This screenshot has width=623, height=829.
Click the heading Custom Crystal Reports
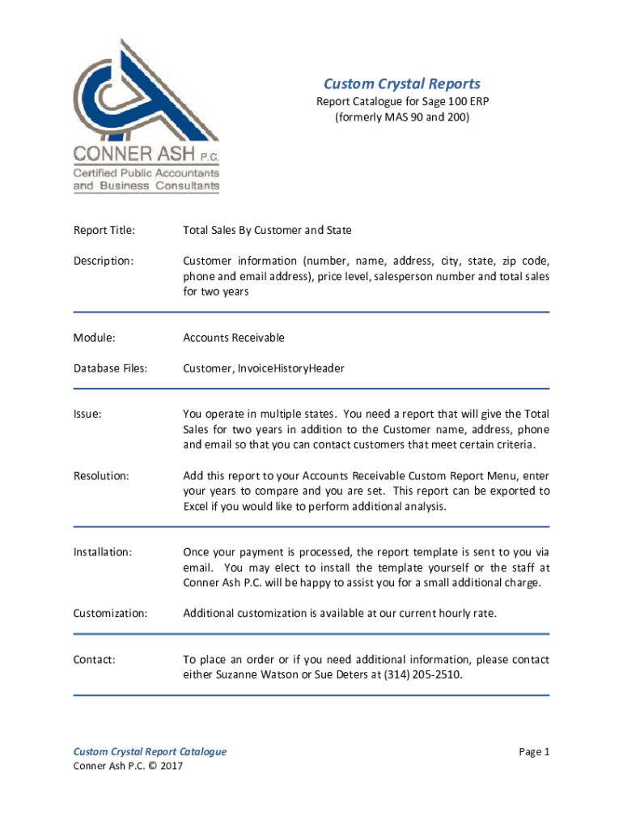point(402,84)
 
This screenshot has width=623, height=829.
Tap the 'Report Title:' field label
point(104,231)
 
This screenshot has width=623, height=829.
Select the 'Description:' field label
point(103,261)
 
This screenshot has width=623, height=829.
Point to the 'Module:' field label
point(94,338)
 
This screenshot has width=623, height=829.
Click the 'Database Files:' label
point(110,368)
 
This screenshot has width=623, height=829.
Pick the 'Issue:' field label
point(87,414)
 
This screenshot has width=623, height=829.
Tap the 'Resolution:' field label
point(101,476)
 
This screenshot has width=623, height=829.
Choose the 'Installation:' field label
point(103,552)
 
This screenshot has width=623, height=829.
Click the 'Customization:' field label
point(110,614)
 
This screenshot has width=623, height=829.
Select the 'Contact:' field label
point(94,660)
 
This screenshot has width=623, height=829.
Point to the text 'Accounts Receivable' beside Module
point(234,338)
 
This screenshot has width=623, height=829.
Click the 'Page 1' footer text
point(534,752)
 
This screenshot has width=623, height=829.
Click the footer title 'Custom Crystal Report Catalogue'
point(150,752)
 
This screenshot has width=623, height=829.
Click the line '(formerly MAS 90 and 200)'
point(402,117)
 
